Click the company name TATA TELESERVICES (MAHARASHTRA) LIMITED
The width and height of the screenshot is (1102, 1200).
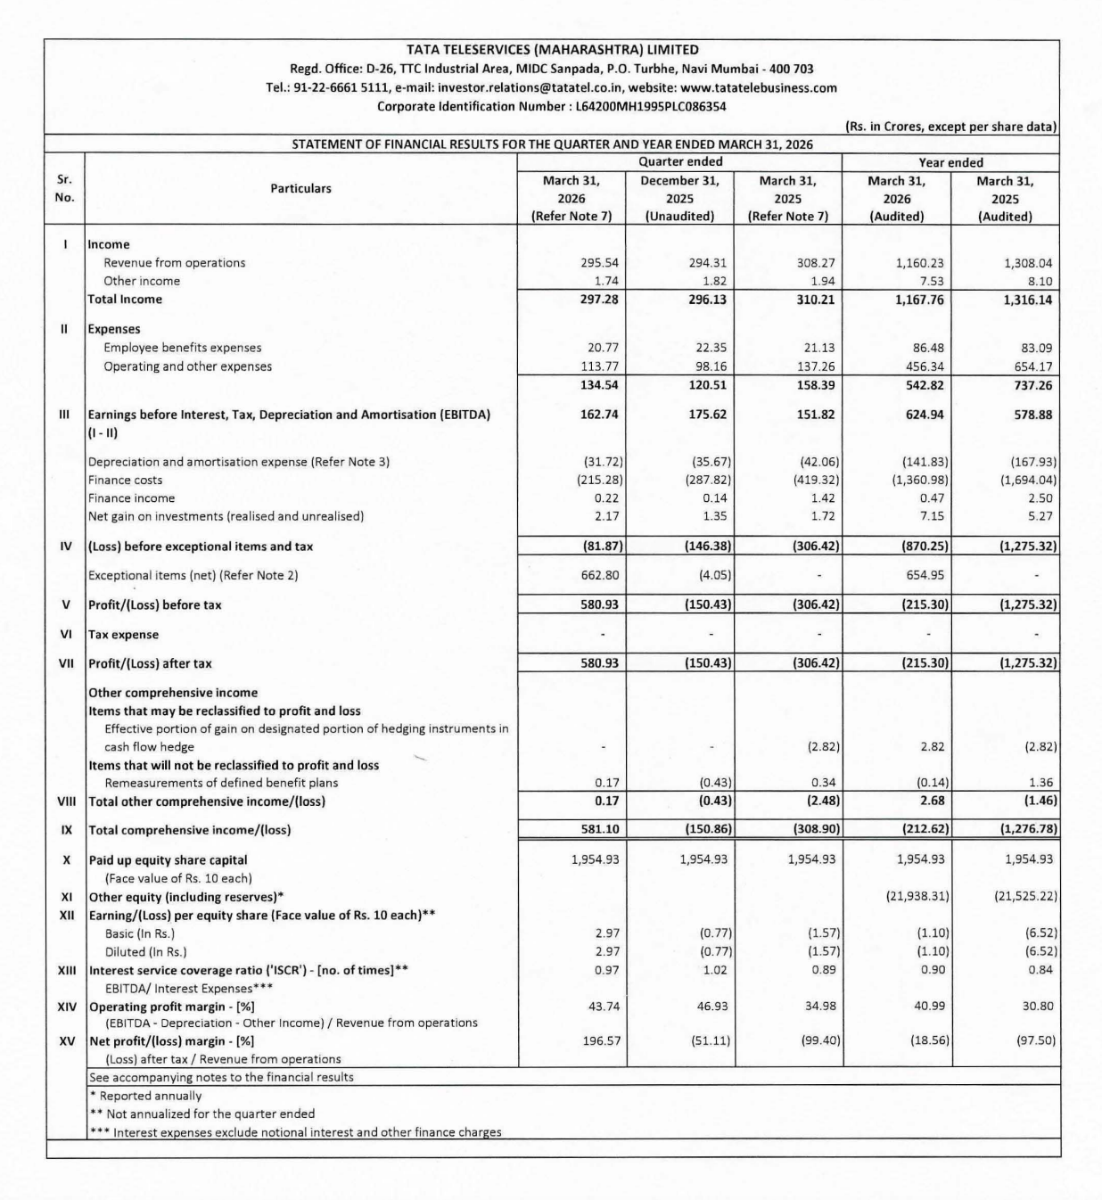pos(552,50)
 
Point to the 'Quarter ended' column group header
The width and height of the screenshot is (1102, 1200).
pos(680,162)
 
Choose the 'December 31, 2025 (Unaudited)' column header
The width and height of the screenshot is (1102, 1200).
pos(680,199)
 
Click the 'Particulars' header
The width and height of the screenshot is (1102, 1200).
pos(300,189)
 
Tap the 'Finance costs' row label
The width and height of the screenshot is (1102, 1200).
pos(125,480)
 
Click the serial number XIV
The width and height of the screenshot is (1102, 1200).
pos(66,1006)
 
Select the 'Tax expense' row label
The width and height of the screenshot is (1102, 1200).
pos(123,635)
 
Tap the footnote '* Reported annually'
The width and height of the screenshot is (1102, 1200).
pos(145,1096)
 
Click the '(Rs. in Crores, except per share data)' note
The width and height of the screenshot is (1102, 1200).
pos(950,127)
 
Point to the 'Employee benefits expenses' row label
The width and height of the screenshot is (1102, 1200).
pos(182,348)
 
